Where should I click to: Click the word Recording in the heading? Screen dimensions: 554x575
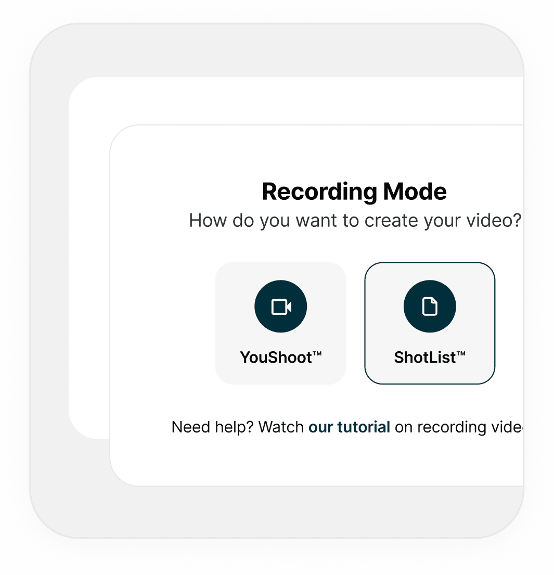point(319,192)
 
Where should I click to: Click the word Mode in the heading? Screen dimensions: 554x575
point(415,192)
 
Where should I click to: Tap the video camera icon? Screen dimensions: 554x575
point(281,307)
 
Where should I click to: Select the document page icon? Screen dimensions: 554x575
point(430,306)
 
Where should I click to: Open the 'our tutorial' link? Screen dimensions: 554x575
point(349,427)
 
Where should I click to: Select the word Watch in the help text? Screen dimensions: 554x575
point(281,427)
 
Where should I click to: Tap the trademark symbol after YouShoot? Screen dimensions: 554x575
point(317,353)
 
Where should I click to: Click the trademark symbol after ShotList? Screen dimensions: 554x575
point(461,353)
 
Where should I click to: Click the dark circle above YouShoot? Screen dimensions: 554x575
point(281,306)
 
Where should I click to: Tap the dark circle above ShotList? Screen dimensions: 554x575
point(430,306)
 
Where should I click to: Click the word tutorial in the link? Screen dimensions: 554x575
point(363,427)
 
